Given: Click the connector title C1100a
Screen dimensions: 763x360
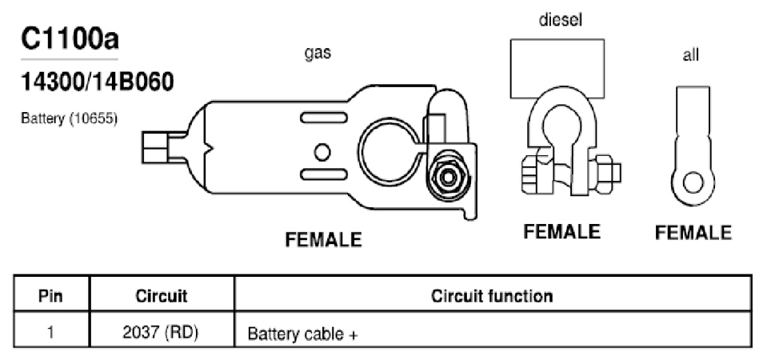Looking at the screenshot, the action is (x=70, y=40).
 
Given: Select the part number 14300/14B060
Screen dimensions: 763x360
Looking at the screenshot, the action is (x=97, y=82).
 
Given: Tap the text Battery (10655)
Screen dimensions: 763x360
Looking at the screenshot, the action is (x=69, y=118).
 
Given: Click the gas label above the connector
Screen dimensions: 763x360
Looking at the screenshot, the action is (x=318, y=53).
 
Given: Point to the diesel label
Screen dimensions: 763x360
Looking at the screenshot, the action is (x=560, y=20).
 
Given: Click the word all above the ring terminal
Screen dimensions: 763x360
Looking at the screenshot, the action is (x=690, y=55).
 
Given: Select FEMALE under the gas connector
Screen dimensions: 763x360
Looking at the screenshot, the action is (x=323, y=239).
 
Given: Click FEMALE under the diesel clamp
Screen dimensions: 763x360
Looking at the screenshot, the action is (x=561, y=231).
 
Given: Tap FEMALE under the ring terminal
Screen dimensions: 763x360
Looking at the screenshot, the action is (x=693, y=233).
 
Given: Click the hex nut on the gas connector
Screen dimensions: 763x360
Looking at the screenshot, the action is (x=448, y=177).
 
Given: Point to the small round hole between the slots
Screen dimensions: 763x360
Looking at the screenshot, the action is (x=322, y=152).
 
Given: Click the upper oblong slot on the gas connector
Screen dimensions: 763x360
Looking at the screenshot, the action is (x=324, y=118).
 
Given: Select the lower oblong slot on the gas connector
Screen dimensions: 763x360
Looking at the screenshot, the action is (x=324, y=174).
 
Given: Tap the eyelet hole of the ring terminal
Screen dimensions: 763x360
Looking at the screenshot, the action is (x=693, y=184).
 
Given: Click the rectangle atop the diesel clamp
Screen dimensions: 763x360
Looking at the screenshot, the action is (x=557, y=69).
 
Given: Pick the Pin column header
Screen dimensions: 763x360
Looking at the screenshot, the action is (x=50, y=296).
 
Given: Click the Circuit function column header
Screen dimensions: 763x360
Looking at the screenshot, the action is (x=492, y=296).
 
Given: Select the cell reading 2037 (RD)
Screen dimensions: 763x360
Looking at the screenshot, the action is (x=161, y=334).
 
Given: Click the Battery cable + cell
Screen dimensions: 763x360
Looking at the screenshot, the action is (x=303, y=334).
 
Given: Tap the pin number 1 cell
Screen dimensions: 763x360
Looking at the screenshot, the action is (x=50, y=334).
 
